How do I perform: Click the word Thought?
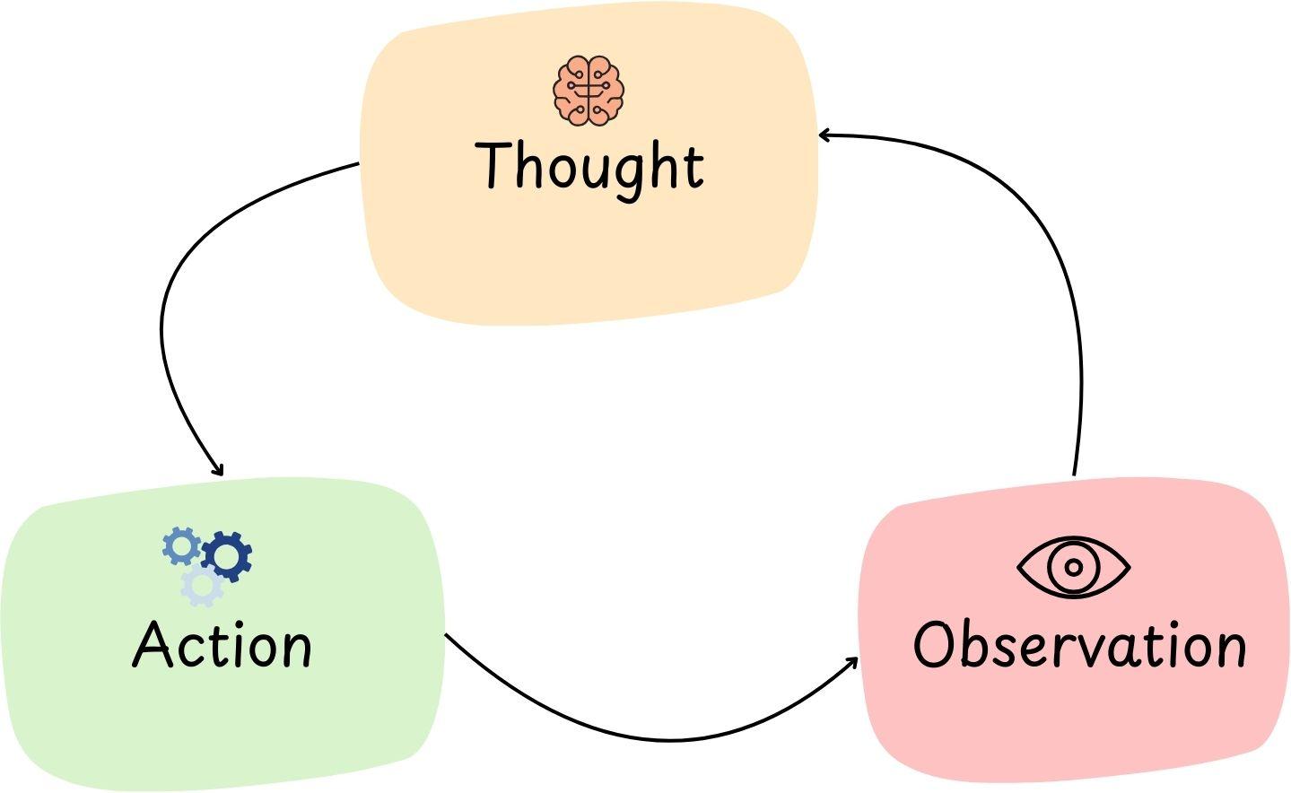(x=590, y=165)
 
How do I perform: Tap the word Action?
(x=222, y=644)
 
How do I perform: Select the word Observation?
(x=1079, y=644)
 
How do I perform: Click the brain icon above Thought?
(x=589, y=90)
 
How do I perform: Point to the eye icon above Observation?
(x=1073, y=567)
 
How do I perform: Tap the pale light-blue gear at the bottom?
(x=202, y=586)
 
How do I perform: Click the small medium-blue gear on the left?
(x=181, y=545)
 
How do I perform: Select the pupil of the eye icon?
(x=1073, y=567)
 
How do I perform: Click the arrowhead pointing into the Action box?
(x=218, y=471)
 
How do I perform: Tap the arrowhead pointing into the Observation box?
(x=852, y=662)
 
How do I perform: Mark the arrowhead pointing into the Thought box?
(x=824, y=135)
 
